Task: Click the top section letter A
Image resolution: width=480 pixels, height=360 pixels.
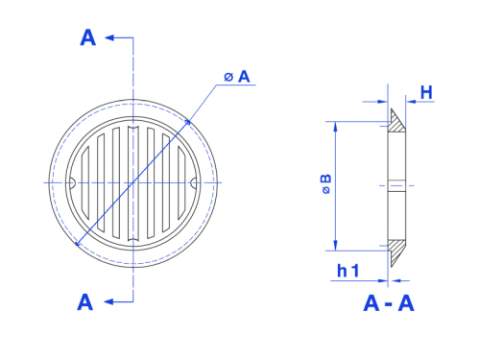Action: point(88,37)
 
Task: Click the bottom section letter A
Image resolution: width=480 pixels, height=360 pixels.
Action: point(85,302)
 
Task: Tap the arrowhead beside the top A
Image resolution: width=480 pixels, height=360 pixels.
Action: point(109,37)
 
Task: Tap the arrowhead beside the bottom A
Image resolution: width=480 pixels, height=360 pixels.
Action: point(108,301)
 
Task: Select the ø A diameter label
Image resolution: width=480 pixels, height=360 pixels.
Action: point(237,77)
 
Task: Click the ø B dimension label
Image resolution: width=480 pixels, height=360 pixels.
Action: point(325,184)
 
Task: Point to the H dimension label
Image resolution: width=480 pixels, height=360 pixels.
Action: point(426,92)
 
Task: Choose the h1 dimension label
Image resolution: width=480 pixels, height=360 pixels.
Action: point(348,271)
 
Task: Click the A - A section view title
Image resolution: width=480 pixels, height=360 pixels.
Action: point(389,303)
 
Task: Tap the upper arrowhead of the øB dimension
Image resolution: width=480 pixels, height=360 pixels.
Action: point(335,127)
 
